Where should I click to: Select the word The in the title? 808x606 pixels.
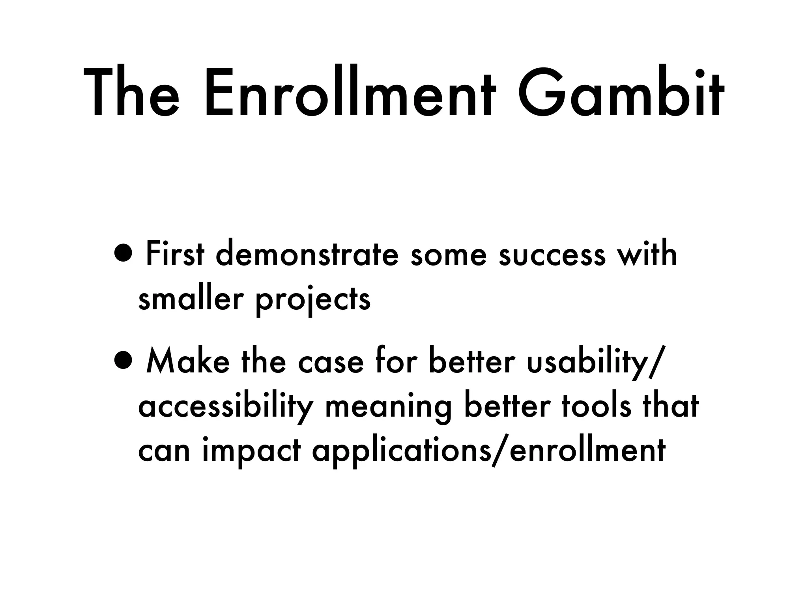131,95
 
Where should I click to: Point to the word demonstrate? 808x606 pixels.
307,254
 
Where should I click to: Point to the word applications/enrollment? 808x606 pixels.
489,451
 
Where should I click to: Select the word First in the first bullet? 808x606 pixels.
175,254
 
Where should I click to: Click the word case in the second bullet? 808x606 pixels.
330,362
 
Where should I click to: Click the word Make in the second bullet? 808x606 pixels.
187,361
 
